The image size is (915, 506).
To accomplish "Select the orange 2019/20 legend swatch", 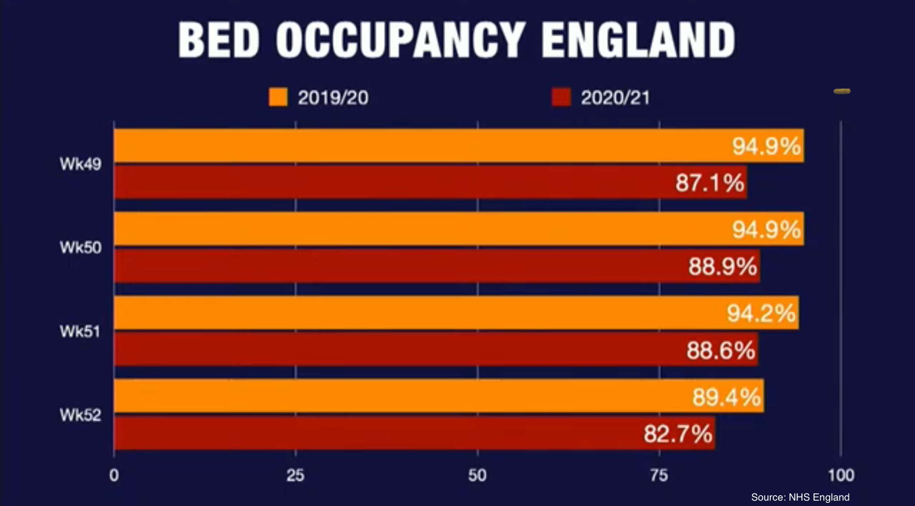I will [278, 97].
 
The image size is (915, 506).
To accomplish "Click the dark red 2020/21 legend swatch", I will [561, 97].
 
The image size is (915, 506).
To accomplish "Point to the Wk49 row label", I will [80, 164].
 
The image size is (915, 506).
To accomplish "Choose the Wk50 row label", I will [80, 247].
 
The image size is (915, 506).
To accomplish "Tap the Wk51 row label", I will [80, 332].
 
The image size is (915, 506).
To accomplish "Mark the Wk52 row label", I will [80, 415].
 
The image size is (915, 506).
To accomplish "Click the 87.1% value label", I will [709, 183].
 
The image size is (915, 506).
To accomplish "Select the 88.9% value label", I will [722, 266].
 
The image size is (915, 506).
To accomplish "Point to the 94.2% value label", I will [761, 313].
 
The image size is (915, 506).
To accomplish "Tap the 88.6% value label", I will [721, 350].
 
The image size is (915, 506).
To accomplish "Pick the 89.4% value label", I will [726, 396].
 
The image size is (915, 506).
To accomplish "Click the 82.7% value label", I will [678, 434].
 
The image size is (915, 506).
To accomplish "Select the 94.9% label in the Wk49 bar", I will [766, 146].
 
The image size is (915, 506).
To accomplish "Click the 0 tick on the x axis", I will [114, 475].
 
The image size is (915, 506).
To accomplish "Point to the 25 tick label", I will [295, 475].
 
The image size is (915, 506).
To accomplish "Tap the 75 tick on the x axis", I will [659, 475].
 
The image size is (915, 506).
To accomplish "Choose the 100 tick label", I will [841, 475].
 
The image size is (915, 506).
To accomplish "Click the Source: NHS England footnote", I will [800, 497].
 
